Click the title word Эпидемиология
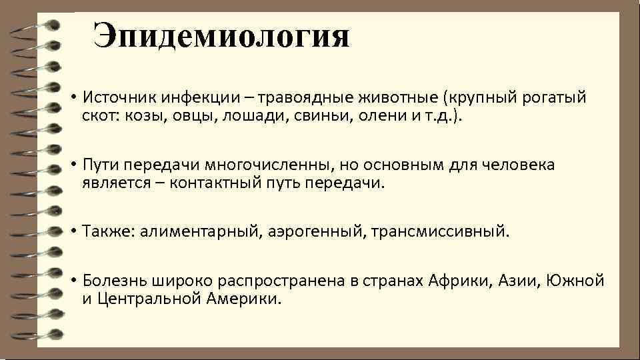coord(221,35)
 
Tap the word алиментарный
coord(194,231)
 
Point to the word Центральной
coord(139,298)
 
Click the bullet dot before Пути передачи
coord(69,165)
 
